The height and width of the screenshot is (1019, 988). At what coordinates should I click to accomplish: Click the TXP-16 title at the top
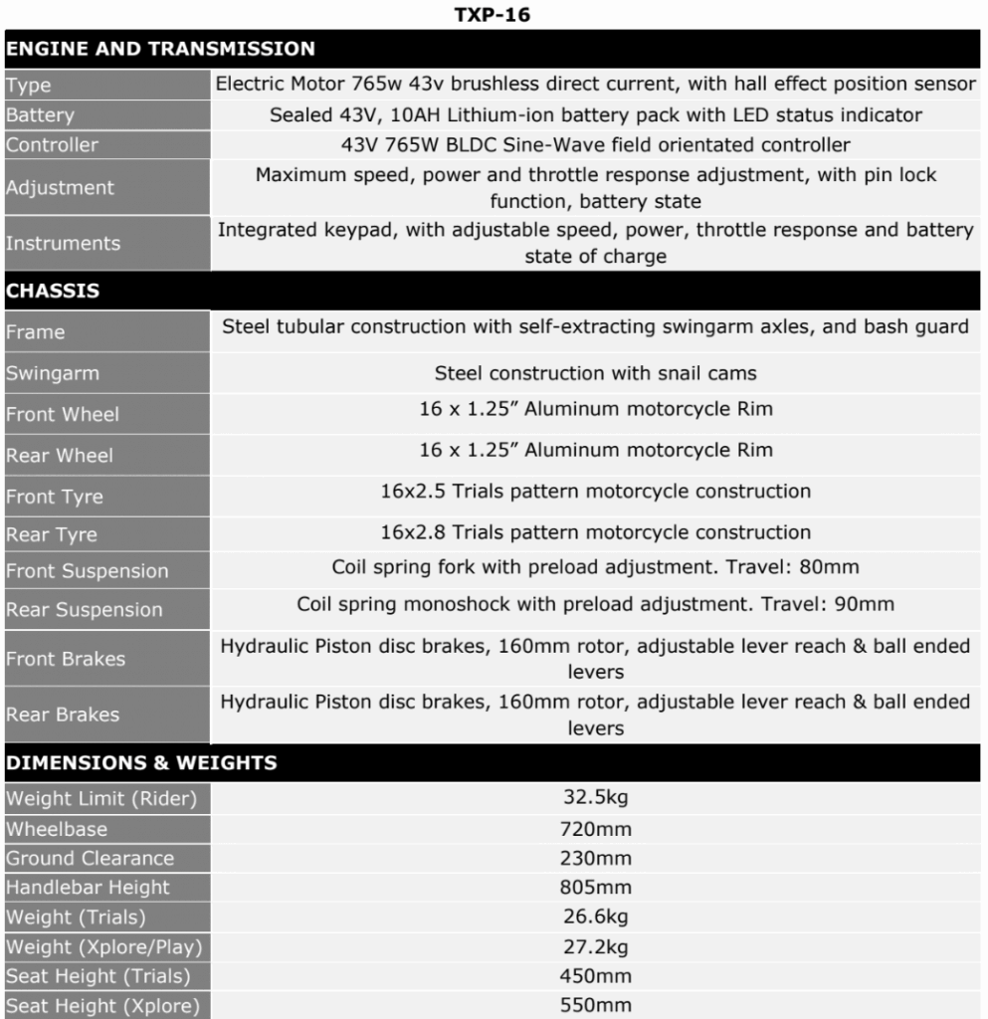point(492,15)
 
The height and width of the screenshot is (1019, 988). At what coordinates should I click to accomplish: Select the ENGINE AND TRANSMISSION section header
point(160,49)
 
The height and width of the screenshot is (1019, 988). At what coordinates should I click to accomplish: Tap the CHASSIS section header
point(53,292)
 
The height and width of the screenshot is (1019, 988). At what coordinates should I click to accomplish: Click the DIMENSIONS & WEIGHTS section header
point(141,763)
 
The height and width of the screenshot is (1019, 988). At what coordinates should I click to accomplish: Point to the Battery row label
point(40,115)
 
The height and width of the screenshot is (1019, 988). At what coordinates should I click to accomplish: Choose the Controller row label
point(52,145)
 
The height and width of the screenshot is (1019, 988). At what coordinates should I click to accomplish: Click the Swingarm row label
point(53,374)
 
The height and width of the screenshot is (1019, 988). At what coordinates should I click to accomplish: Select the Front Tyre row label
point(55,497)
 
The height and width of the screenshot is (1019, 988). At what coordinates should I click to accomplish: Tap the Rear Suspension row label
point(84,610)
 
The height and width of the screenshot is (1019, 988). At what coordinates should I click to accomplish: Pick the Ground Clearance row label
point(90,858)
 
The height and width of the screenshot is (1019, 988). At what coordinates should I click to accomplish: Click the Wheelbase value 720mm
point(595,829)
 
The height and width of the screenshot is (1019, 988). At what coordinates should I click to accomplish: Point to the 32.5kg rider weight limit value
point(595,798)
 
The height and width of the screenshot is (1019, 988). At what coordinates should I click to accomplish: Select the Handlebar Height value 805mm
point(595,888)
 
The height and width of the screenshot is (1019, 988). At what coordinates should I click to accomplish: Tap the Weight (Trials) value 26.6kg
point(595,917)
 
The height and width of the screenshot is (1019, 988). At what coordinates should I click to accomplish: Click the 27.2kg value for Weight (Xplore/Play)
point(595,947)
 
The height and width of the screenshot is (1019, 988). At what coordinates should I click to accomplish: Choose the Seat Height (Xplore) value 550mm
point(595,1005)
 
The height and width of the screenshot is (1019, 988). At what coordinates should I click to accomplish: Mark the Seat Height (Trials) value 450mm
point(595,976)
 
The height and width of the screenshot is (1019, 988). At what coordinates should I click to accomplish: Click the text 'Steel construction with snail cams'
point(595,374)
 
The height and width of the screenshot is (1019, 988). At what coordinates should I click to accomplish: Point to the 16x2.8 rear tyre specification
point(595,532)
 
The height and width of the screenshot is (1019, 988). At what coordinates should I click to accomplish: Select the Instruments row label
point(63,244)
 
